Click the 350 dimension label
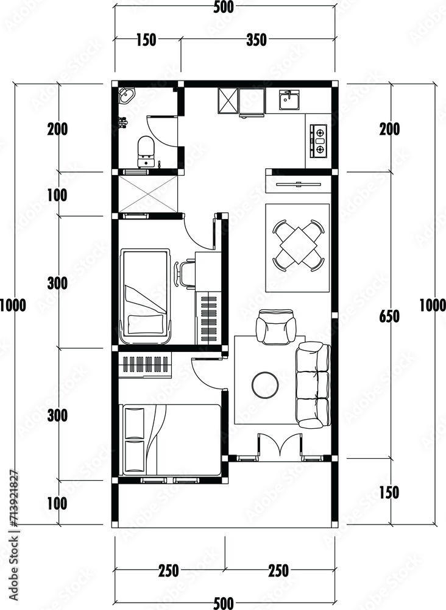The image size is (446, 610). click(x=257, y=40)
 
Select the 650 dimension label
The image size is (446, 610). click(x=389, y=317)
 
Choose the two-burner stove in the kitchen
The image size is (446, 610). click(x=319, y=141)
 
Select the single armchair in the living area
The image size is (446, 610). click(x=275, y=326)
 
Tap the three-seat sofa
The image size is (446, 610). click(x=313, y=384)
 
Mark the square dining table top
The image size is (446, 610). click(x=298, y=246)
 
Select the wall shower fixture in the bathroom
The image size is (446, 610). click(x=122, y=123)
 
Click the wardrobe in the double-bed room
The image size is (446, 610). click(x=146, y=364)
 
